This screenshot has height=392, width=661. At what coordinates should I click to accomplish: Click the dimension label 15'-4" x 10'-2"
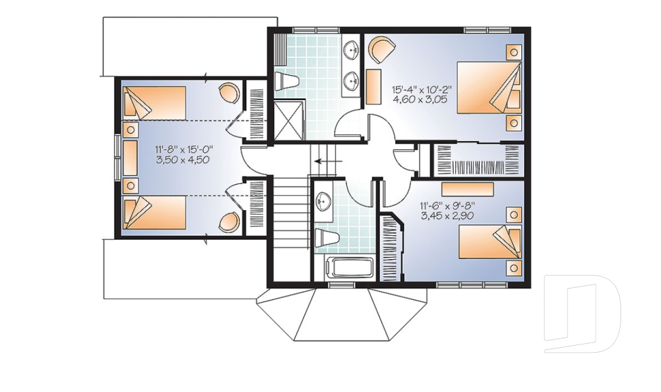[421, 90]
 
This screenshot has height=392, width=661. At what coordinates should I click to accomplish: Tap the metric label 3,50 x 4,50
[182, 160]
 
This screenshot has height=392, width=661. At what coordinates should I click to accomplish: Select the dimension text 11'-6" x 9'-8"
[448, 205]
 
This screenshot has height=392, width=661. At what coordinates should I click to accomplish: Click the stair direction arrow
[328, 161]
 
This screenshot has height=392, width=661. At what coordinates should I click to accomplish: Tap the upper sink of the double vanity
[350, 50]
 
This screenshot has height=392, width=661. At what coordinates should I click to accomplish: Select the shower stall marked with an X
[288, 119]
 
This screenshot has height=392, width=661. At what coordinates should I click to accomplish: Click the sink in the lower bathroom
[324, 202]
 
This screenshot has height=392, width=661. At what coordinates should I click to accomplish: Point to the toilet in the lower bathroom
[326, 238]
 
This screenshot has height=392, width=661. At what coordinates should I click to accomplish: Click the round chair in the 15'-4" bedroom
[382, 49]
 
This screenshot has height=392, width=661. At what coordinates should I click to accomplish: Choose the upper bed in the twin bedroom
[154, 103]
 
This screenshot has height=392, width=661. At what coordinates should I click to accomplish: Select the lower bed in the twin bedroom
[154, 212]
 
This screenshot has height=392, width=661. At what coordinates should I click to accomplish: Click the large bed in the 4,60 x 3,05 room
[490, 87]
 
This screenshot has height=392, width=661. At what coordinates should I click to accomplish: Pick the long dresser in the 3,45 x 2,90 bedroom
[468, 189]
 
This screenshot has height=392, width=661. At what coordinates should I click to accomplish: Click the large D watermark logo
[582, 313]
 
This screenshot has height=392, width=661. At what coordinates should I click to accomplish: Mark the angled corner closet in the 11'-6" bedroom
[392, 247]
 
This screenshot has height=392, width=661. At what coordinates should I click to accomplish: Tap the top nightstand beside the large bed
[514, 52]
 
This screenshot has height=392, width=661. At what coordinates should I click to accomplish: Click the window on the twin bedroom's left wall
[118, 159]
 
